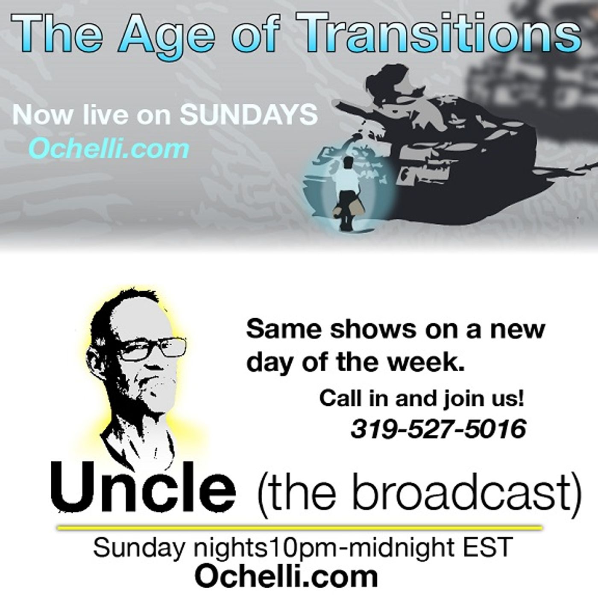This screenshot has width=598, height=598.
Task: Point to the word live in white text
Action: click(106, 115)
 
